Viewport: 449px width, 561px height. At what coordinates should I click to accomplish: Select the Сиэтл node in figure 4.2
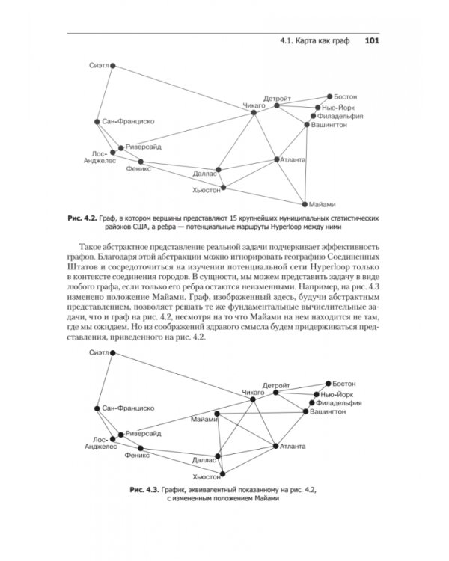(114, 66)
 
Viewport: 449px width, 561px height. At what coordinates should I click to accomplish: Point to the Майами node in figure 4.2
(304, 203)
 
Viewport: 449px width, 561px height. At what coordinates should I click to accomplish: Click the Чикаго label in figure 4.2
(254, 107)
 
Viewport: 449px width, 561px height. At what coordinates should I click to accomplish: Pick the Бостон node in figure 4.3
(328, 384)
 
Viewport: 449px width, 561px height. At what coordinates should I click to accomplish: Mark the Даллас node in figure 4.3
(218, 454)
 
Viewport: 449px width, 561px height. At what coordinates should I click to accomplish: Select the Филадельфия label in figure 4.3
(341, 402)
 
